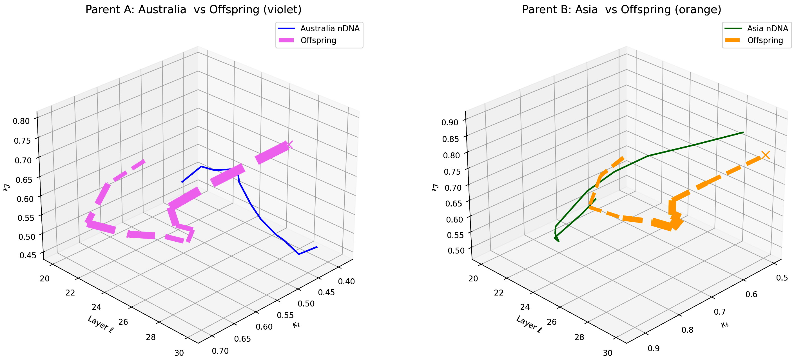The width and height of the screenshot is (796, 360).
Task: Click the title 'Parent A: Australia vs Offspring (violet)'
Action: pos(193,10)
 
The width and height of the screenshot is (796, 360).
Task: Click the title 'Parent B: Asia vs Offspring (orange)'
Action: pos(622,10)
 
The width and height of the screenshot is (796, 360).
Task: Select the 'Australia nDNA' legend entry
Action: pos(330,28)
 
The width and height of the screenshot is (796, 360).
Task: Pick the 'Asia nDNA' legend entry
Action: pos(767,28)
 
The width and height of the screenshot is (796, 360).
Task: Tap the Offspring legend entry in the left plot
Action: pos(318,41)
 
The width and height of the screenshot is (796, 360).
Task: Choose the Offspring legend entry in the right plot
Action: pos(765,41)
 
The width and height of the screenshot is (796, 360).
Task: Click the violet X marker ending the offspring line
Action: pos(289,144)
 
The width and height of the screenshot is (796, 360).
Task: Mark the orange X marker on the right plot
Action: pos(765,155)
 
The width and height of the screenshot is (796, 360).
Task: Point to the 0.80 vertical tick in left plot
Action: pos(21,121)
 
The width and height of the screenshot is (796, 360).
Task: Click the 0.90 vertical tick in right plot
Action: pos(450,122)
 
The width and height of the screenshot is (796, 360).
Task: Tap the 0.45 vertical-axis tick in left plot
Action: pos(28,255)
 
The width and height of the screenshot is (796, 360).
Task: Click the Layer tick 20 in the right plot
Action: pos(473,278)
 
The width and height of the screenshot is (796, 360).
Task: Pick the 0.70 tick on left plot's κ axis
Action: pos(220,351)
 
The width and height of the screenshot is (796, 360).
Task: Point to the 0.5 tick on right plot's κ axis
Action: pos(782,277)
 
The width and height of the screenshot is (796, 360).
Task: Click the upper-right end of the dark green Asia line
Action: pos(743,132)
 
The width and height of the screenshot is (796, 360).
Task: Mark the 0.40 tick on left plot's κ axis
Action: pos(346,281)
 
